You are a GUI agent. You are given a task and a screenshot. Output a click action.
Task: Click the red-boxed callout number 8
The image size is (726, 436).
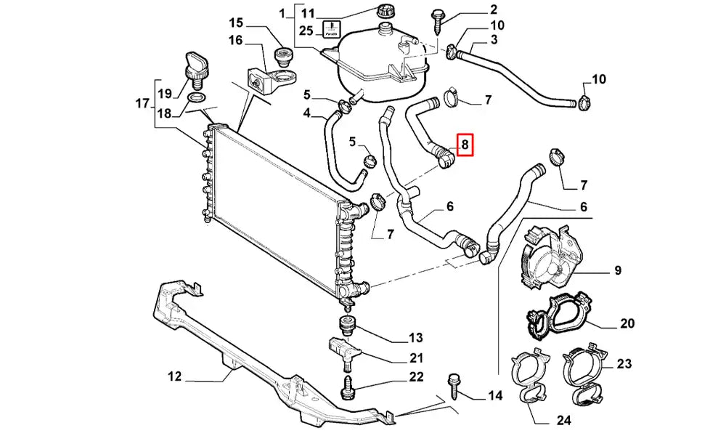click(465, 145)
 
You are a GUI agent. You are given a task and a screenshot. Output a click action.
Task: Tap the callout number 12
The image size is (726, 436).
click(174, 377)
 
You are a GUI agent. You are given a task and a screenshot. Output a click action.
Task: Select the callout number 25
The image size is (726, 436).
click(306, 31)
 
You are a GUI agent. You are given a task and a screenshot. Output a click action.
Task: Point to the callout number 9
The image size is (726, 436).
click(617, 271)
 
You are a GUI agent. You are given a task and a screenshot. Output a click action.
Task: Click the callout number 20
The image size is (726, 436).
click(628, 323)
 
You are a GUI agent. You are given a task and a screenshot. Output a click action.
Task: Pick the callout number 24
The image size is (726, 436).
click(564, 419)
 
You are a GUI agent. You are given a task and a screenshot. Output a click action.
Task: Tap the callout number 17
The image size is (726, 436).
click(143, 103)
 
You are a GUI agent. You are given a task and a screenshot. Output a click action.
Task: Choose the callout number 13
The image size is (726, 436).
click(415, 337)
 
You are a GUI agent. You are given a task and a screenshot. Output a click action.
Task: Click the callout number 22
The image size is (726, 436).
click(415, 376)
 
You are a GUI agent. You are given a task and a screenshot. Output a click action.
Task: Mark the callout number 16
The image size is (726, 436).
click(236, 40)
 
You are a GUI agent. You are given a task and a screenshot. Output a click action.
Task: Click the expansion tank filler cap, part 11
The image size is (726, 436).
click(384, 13)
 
